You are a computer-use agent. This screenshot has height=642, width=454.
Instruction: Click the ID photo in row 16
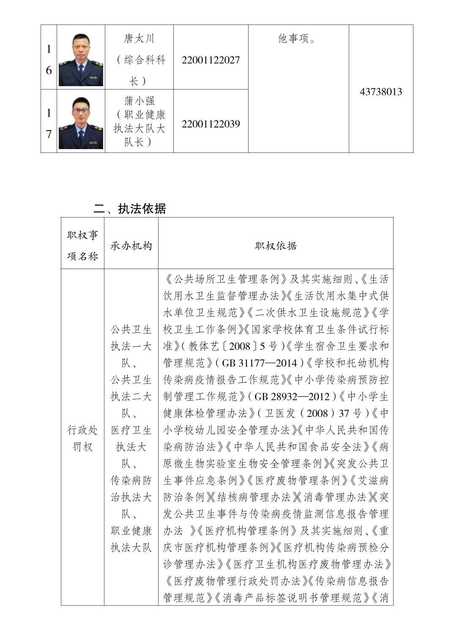(x=81, y=57)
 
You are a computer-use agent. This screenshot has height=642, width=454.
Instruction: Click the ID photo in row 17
(x=81, y=121)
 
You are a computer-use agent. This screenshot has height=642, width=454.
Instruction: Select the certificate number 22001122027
(x=211, y=60)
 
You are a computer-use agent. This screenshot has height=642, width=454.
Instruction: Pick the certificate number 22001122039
(x=211, y=124)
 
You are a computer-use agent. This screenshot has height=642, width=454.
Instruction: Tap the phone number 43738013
(x=380, y=92)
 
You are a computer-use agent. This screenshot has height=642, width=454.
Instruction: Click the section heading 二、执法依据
(x=130, y=208)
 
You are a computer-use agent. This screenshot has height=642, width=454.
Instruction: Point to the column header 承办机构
(x=131, y=246)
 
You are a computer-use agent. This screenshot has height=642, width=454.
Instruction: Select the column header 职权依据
(x=276, y=246)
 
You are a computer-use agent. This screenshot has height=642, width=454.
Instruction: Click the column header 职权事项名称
(x=82, y=245)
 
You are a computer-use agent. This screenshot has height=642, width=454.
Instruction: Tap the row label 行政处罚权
(x=82, y=438)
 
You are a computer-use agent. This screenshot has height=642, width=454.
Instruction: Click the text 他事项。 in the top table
(x=297, y=39)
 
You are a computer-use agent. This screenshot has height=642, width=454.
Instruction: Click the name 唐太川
(x=139, y=39)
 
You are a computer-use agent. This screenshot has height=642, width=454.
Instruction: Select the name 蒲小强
(x=139, y=101)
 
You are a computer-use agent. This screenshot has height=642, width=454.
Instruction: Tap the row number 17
(x=49, y=123)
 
